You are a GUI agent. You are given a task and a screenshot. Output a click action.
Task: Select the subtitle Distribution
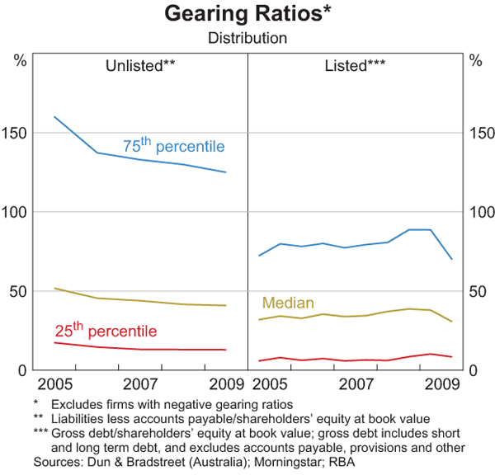coord(247,38)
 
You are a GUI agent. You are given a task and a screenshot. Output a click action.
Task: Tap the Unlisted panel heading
coord(140,65)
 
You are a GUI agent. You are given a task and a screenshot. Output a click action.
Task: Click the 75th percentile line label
coord(173,146)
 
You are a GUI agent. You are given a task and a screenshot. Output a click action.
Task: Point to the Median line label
coord(288,303)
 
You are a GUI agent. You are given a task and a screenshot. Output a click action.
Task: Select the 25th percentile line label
coord(105,332)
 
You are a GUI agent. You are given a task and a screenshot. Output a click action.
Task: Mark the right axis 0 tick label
coord(472,370)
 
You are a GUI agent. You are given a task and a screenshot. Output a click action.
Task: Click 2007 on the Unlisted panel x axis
coord(140,384)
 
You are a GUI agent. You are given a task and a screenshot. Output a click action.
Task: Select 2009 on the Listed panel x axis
coord(442,384)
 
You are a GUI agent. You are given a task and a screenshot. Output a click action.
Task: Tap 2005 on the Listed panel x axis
coord(269,384)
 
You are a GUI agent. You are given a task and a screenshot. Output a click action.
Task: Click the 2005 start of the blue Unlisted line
coord(54,117)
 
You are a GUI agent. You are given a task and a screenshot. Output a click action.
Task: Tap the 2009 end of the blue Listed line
coord(452,259)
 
